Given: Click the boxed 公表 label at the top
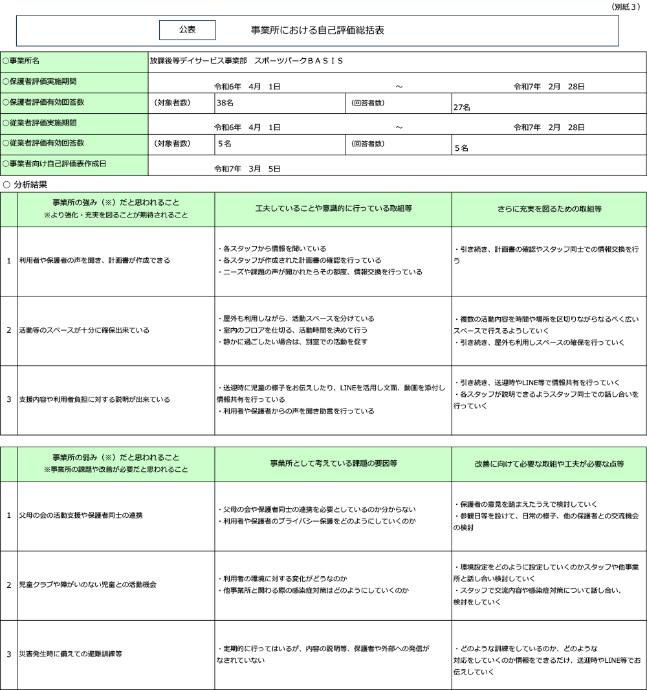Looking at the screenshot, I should [x=188, y=30].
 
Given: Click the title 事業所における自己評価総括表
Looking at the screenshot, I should [x=318, y=30].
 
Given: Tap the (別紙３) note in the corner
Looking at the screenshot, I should [x=627, y=6].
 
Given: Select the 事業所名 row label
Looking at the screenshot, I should [x=23, y=61].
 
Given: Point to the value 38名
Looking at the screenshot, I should [x=225, y=102].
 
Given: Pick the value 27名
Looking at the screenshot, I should [x=462, y=107].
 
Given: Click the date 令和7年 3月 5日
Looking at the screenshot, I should [x=247, y=169].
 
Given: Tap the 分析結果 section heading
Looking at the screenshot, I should [x=30, y=184].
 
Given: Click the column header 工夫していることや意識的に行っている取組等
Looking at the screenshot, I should [x=333, y=209].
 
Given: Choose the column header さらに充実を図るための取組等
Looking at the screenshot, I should [x=549, y=209].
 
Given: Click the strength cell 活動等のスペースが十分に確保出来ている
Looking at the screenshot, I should [x=84, y=330].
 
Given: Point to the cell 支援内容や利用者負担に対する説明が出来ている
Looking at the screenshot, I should [x=94, y=399].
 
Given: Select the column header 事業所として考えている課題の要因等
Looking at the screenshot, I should [x=333, y=463].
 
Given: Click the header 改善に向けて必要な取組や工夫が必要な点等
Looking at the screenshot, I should [x=549, y=463].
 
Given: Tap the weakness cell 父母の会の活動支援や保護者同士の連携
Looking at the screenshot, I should [x=81, y=515].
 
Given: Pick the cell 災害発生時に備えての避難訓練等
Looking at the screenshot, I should [x=71, y=654].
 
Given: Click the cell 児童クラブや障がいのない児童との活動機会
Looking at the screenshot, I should [x=87, y=584].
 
